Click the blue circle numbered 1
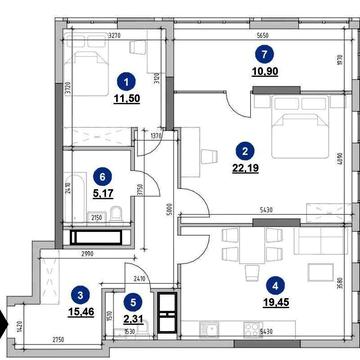coord(125,85)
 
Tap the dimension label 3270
coord(115,36)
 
